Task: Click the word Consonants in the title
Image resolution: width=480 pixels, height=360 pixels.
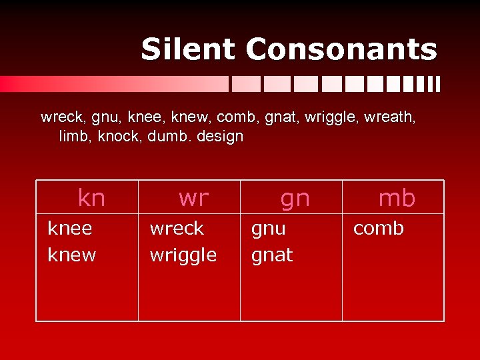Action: pyautogui.click(x=341, y=49)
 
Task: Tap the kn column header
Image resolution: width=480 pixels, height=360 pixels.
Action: pyautogui.click(x=91, y=197)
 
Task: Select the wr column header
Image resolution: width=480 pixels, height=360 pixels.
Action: pyautogui.click(x=193, y=197)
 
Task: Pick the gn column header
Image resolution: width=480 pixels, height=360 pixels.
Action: pyautogui.click(x=295, y=197)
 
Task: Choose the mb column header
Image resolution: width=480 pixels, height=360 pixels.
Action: pyautogui.click(x=397, y=197)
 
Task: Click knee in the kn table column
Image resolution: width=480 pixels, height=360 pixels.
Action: pyautogui.click(x=70, y=229)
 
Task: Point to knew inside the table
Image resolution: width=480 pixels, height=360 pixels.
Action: pyautogui.click(x=72, y=255)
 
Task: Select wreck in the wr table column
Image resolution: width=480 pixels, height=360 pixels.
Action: pyautogui.click(x=177, y=229)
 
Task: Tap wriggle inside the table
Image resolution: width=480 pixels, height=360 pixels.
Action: pyautogui.click(x=183, y=255)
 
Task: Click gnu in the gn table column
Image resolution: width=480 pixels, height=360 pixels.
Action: pyautogui.click(x=268, y=229)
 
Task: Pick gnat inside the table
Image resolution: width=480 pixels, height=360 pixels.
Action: pyautogui.click(x=272, y=255)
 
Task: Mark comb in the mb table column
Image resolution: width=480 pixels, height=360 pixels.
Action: pyautogui.click(x=378, y=229)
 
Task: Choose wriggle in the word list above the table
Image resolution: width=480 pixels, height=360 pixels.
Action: pyautogui.click(x=333, y=119)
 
